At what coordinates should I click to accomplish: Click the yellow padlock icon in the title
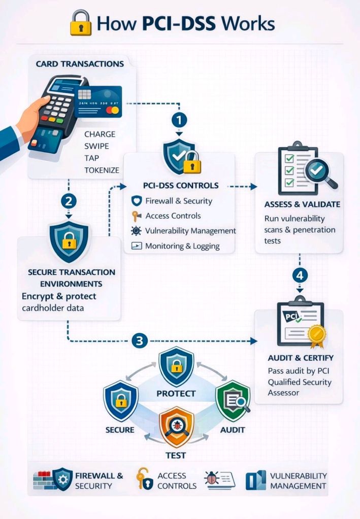point(80,23)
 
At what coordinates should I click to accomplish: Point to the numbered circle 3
point(139,340)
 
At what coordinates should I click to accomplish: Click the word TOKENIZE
point(102,170)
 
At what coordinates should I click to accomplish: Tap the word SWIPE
point(96,146)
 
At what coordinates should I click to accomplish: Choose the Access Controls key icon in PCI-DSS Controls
point(136,216)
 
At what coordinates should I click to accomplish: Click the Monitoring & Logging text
point(182,246)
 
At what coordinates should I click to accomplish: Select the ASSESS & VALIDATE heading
point(302,204)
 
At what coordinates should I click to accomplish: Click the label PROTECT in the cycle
point(176,393)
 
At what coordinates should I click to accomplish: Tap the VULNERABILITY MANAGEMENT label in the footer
point(298,480)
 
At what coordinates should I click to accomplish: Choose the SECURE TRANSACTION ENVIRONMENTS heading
point(71,278)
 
